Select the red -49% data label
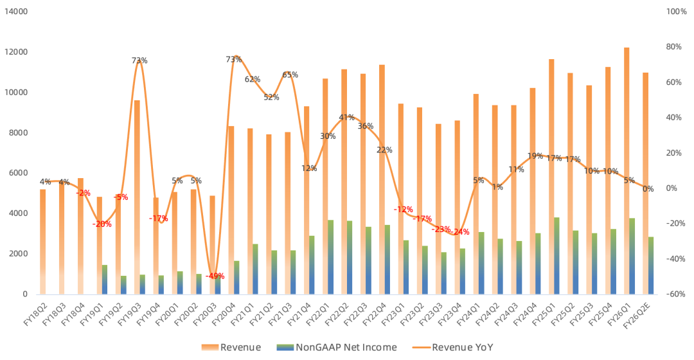point(215,276)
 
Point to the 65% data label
point(290,75)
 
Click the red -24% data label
point(460,231)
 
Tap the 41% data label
point(347,118)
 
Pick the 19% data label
point(535,156)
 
